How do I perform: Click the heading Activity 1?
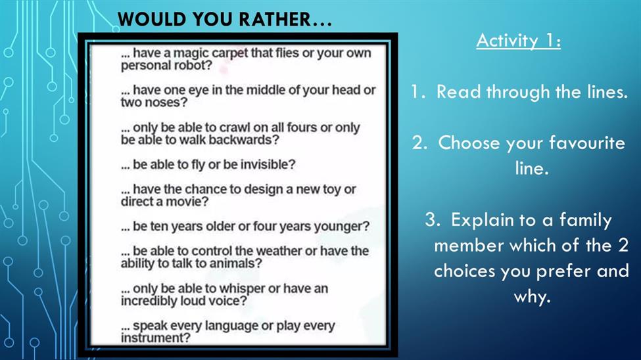(x=518, y=41)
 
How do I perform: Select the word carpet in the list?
(x=229, y=53)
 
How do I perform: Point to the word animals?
(x=235, y=263)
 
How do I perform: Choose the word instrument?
(x=156, y=338)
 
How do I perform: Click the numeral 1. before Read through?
(x=417, y=92)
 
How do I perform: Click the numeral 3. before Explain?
(x=433, y=220)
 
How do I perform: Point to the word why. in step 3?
(x=532, y=297)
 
